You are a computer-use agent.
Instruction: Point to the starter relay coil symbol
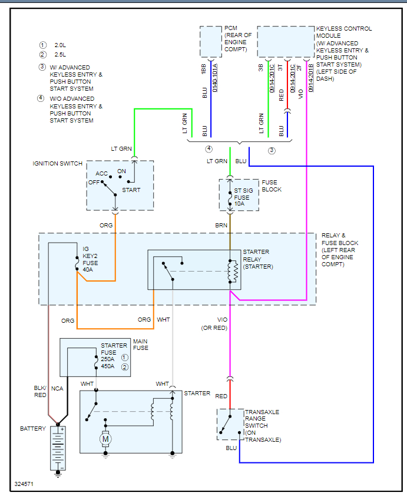pyautogui.click(x=234, y=272)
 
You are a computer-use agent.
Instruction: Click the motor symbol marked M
pyautogui.click(x=106, y=438)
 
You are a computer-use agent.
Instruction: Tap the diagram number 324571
pyautogui.click(x=25, y=484)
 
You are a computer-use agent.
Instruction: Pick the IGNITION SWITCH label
pyautogui.click(x=57, y=163)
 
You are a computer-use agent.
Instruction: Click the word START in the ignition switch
pyautogui.click(x=131, y=190)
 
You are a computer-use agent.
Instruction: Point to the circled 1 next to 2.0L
pyautogui.click(x=42, y=45)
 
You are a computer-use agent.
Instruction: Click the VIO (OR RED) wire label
pyautogui.click(x=214, y=324)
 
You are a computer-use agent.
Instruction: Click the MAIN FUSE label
pyautogui.click(x=141, y=345)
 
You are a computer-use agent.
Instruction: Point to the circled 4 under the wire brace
pyautogui.click(x=209, y=149)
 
